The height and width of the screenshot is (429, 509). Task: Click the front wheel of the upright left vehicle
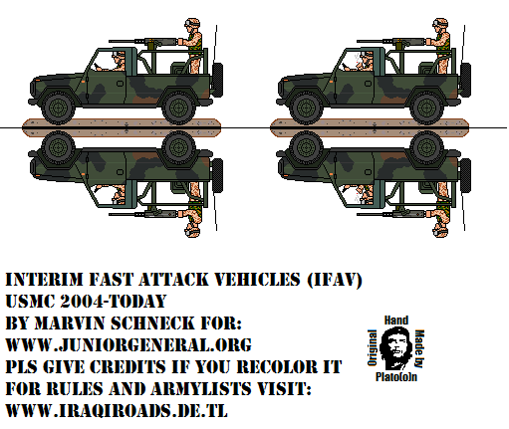[58, 107]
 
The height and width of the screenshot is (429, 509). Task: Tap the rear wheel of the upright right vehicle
[426, 107]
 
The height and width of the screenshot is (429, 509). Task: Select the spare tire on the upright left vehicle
[217, 80]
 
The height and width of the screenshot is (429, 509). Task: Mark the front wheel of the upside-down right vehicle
[306, 147]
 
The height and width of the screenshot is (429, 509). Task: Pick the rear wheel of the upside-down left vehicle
[178, 147]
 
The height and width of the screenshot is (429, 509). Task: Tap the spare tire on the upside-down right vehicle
[465, 175]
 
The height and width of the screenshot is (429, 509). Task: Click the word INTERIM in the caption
[44, 280]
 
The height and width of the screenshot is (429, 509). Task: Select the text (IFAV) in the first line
[334, 280]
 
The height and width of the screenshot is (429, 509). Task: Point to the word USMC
[30, 302]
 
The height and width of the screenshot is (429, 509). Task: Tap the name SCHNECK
[152, 323]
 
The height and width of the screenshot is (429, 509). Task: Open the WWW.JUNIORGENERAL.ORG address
[128, 345]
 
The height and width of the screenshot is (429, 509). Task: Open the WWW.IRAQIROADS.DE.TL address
[117, 411]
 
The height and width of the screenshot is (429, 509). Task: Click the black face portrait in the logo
[395, 348]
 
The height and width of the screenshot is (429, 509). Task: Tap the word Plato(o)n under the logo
[396, 377]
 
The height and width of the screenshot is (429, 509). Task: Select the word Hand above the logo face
[396, 321]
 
